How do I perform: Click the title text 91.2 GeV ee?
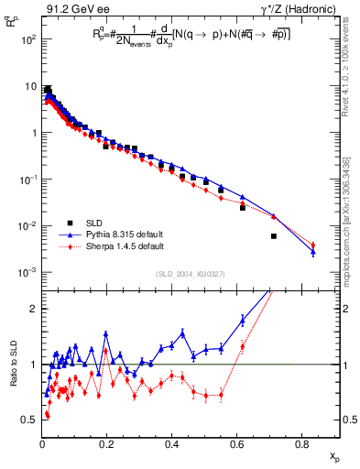pos(73,10)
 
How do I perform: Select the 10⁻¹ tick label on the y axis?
pos(25,180)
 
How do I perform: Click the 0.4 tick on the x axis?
pos(172,446)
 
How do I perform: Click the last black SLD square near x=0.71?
pos(274,236)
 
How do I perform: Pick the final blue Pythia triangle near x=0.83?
pos(312,252)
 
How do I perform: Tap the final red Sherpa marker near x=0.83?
pos(312,245)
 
